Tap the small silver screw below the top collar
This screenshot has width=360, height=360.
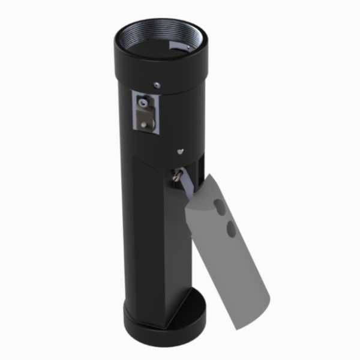(x=155, y=85)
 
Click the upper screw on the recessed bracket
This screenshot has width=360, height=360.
(x=142, y=103)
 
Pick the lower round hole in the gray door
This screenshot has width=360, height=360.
(x=230, y=227)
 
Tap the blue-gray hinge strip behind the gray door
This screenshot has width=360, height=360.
(x=188, y=186)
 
